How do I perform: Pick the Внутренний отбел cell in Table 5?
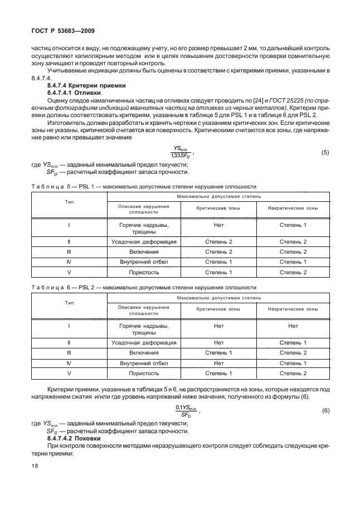pos(144,261)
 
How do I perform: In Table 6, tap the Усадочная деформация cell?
pos(144,342)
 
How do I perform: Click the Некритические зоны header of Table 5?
pos(293,208)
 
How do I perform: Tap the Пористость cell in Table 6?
pos(144,372)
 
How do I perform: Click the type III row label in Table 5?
pos(69,251)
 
